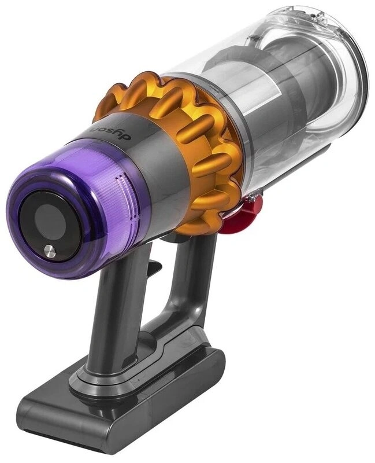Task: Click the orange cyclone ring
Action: tap(191, 133)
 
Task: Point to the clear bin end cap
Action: tap(341, 64)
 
